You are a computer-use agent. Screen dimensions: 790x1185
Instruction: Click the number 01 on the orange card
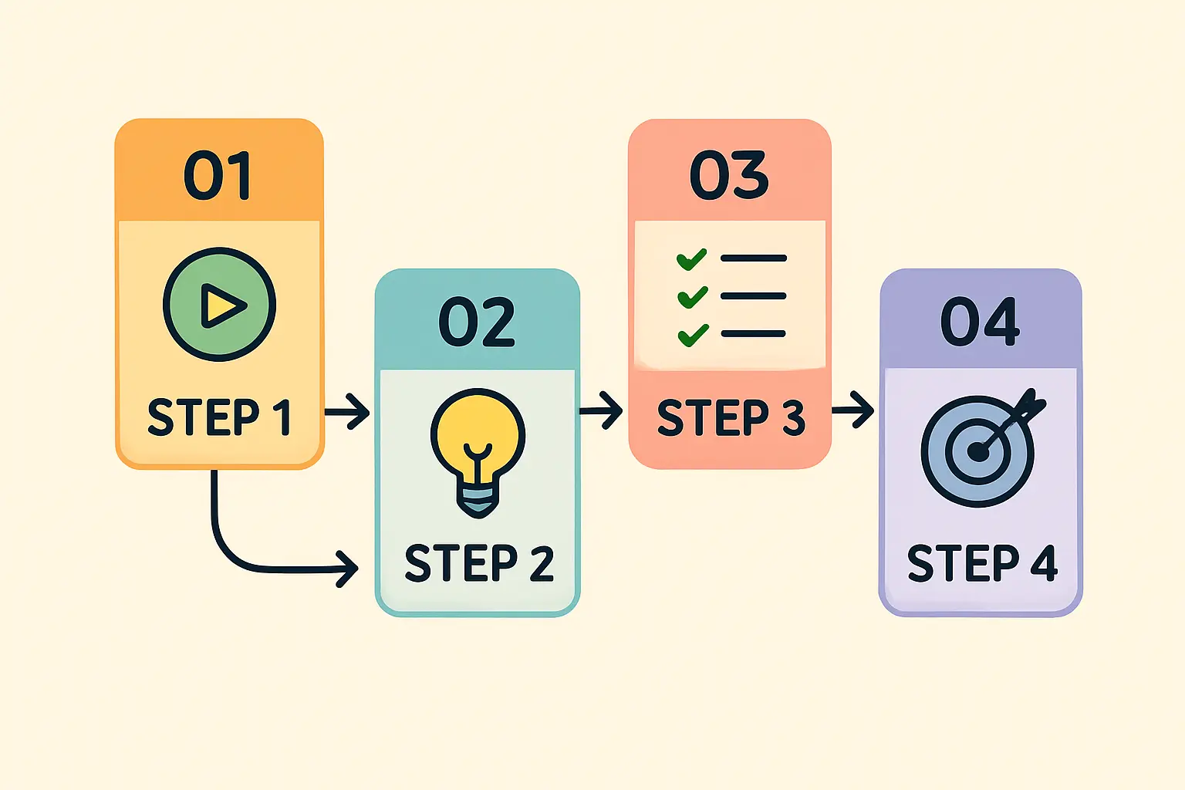218,176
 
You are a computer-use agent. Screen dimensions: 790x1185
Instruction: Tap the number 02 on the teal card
477,322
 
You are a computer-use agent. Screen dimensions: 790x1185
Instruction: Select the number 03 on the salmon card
729,175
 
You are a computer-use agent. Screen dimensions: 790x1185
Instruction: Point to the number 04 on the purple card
980,322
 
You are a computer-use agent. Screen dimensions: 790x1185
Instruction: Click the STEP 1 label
219,417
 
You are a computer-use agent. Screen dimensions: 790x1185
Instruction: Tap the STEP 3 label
731,417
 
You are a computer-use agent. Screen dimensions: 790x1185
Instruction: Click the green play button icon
220,304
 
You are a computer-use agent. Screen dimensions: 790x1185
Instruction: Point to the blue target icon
977,451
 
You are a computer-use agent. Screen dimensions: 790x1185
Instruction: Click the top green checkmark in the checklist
691,258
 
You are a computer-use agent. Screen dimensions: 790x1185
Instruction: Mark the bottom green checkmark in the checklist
692,335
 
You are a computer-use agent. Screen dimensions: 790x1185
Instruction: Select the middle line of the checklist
753,296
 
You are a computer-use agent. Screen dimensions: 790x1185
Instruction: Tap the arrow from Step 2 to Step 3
601,410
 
